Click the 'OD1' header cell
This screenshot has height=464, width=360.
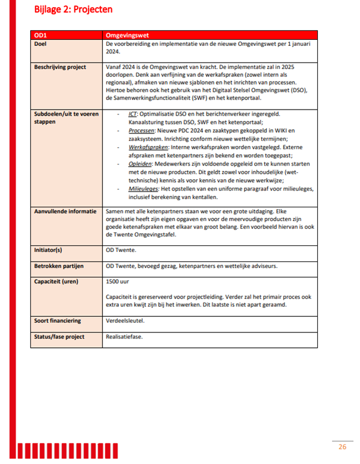coord(41,36)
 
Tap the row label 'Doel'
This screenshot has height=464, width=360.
coord(41,44)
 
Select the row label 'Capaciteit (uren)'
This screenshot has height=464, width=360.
coord(58,281)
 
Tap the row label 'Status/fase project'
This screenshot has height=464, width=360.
coord(60,337)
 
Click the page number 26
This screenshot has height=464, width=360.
coord(343,447)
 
